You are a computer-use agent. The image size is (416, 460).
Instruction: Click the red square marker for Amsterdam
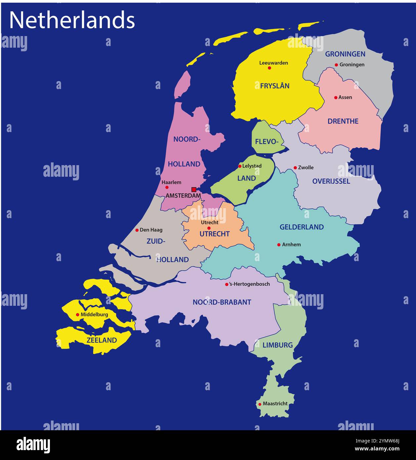(x=194, y=190)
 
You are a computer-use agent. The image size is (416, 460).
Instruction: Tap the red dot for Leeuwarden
(x=270, y=68)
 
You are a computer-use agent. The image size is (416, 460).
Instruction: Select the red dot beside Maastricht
(x=260, y=404)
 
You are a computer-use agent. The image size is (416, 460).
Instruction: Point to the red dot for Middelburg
(x=78, y=315)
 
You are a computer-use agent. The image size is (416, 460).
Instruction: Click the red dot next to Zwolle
(x=295, y=168)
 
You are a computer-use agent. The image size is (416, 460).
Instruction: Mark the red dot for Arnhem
(x=279, y=245)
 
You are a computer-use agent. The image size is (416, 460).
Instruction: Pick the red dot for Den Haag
(x=137, y=230)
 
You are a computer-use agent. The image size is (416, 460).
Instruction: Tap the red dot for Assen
(x=336, y=98)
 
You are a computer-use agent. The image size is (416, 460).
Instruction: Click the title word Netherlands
(x=72, y=20)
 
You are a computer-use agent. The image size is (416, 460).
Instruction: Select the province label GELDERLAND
(x=302, y=227)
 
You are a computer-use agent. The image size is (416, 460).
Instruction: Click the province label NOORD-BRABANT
(x=222, y=302)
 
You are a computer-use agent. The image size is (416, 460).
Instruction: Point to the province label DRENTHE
(x=343, y=121)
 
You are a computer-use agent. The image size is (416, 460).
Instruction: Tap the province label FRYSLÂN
(x=274, y=86)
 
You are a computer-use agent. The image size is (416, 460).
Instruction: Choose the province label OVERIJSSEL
(x=331, y=181)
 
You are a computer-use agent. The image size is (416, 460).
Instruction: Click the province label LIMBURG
(x=278, y=345)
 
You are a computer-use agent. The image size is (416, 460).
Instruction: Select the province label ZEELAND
(x=102, y=340)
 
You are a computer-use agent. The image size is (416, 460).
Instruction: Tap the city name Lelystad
(x=252, y=166)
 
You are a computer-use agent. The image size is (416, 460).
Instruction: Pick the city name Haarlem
(x=171, y=182)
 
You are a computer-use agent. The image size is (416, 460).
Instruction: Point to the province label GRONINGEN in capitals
(x=345, y=54)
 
